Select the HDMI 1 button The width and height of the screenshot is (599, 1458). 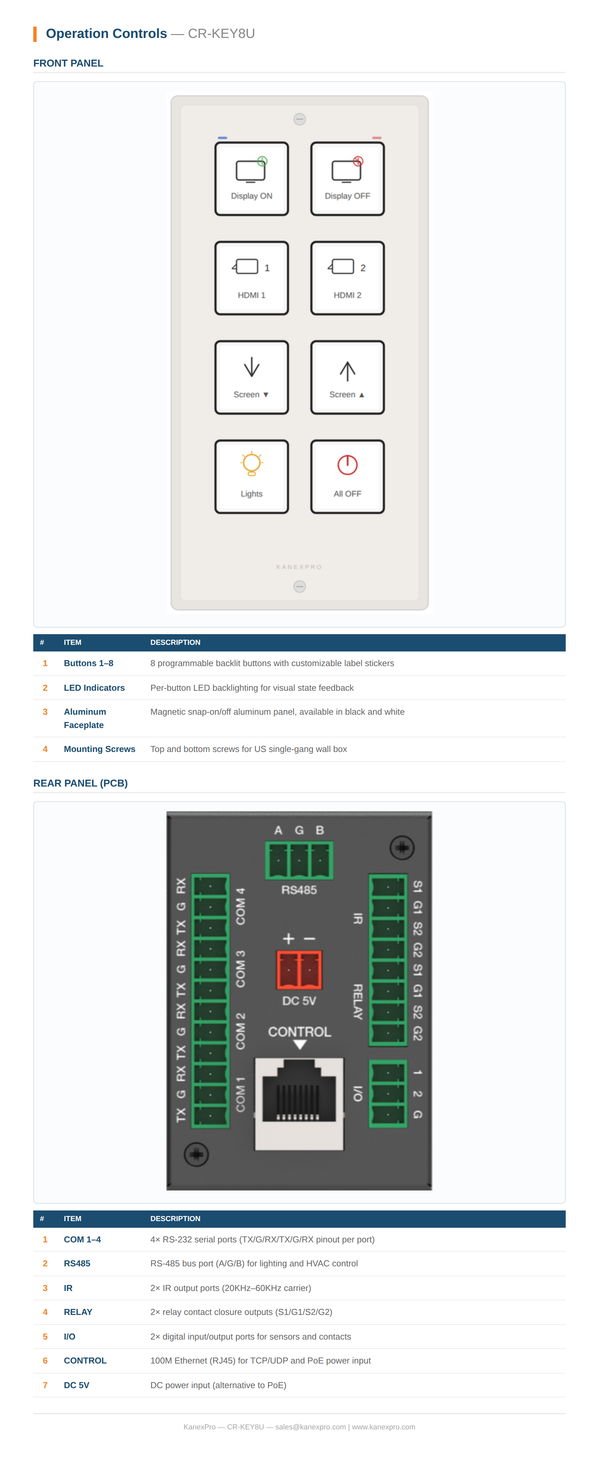(251, 278)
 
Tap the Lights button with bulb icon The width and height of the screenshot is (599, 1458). (251, 476)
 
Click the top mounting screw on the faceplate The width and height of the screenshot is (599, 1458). (299, 119)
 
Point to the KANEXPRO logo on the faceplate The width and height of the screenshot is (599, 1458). (299, 567)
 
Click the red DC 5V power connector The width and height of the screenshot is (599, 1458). (299, 970)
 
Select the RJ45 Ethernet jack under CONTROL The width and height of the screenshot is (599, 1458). (299, 1104)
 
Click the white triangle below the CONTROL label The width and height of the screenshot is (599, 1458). (299, 1045)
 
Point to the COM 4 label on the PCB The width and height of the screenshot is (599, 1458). (241, 906)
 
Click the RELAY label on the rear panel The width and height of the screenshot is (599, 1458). (358, 1002)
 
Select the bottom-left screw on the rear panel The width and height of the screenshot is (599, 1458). (196, 1155)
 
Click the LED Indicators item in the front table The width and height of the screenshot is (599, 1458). (94, 688)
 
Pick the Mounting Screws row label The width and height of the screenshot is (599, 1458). (99, 749)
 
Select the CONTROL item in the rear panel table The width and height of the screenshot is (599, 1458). (85, 1361)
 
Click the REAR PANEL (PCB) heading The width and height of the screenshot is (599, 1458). (81, 783)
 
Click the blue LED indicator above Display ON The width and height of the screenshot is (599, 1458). (223, 137)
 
